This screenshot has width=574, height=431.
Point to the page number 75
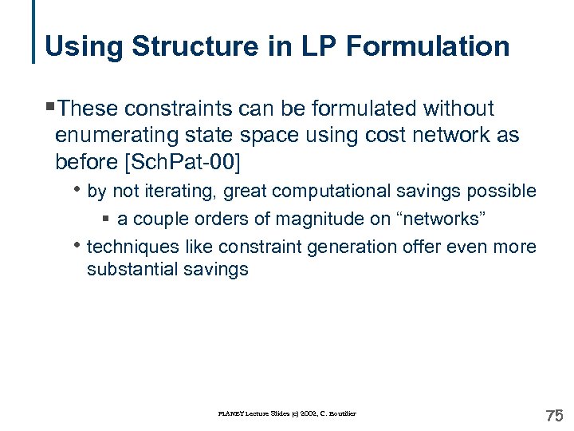pos(553,415)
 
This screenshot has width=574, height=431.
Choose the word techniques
pos(134,247)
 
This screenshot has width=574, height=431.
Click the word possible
pos(508,192)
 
